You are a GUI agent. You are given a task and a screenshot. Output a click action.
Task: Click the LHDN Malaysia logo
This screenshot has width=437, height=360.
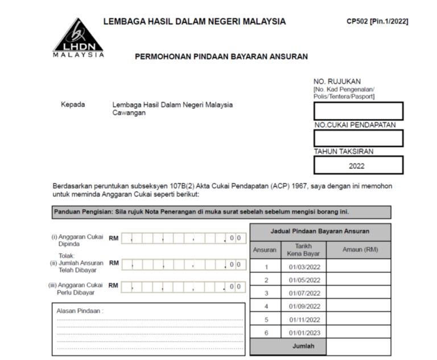pyautogui.click(x=78, y=36)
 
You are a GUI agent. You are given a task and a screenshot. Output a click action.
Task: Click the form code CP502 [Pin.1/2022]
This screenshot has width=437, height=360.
pyautogui.click(x=377, y=22)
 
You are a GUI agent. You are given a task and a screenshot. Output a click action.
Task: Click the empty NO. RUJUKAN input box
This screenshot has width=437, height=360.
pyautogui.click(x=358, y=111)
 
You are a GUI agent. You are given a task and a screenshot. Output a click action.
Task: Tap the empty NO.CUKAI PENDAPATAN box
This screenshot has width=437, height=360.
pyautogui.click(x=358, y=138)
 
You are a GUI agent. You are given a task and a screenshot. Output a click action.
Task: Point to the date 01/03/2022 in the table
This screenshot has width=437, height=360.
pyautogui.click(x=304, y=265)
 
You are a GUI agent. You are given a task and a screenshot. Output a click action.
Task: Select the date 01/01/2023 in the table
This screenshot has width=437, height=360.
pyautogui.click(x=304, y=333)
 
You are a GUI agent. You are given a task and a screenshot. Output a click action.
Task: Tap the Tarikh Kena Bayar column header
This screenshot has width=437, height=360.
pyautogui.click(x=304, y=250)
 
